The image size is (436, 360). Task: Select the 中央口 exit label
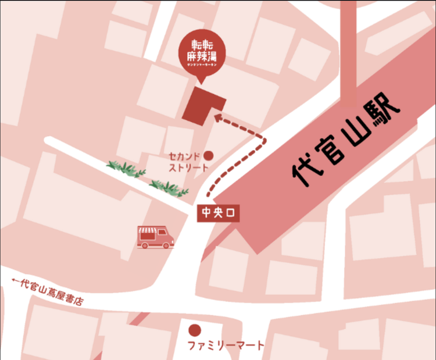pyautogui.click(x=217, y=213)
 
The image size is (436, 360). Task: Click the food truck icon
pyautogui.click(x=155, y=237)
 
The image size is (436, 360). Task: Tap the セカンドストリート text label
pyautogui.click(x=188, y=162)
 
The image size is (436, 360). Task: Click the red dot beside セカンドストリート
pyautogui.click(x=209, y=156)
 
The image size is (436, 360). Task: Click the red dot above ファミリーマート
pyautogui.click(x=195, y=330)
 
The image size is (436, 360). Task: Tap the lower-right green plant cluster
pyautogui.click(x=169, y=187)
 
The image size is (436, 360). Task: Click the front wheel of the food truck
pyautogui.click(x=167, y=245)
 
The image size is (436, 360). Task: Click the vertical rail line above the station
pyautogui.click(x=348, y=52)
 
